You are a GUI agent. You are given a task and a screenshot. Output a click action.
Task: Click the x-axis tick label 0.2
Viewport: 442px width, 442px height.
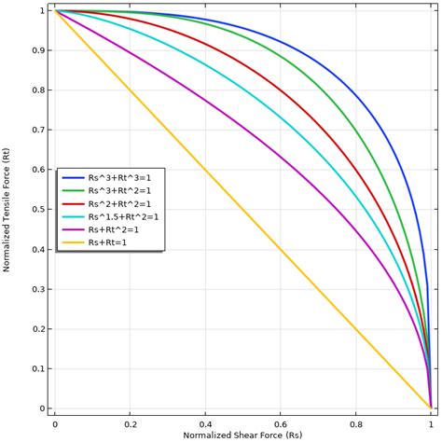coord(131,423)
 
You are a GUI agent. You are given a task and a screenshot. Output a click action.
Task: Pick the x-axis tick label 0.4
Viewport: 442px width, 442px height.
coord(205,423)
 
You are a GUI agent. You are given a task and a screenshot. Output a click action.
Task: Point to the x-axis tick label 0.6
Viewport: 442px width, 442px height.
coord(281,423)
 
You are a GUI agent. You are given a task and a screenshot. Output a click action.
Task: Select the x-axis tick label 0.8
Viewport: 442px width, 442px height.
coord(356,423)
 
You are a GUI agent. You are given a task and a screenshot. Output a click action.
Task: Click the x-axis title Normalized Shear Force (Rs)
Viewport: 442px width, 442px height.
coord(242,435)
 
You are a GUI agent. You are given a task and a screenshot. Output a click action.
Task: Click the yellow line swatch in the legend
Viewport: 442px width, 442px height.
coord(73,242)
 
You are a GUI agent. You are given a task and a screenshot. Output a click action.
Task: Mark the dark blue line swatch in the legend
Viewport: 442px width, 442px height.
coord(73,177)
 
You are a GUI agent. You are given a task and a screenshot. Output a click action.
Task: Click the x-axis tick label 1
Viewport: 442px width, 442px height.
coord(431,423)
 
